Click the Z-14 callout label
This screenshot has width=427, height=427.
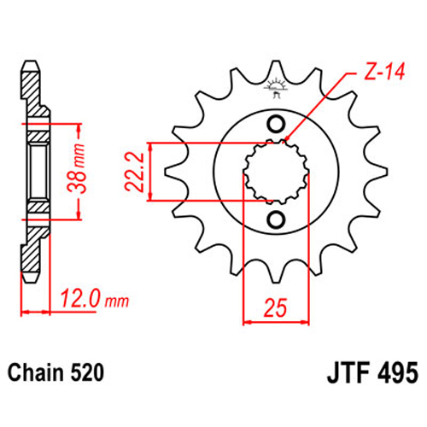click(384, 71)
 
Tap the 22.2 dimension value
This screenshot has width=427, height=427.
click(134, 172)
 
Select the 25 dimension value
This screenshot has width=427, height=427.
click(275, 307)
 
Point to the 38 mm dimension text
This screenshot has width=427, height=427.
click(76, 168)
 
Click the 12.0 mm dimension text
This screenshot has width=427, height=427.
click(95, 299)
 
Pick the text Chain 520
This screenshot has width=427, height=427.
click(56, 372)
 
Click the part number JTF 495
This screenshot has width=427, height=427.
click(372, 372)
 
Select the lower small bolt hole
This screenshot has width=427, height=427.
click(276, 219)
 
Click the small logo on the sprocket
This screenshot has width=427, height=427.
click(275, 88)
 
